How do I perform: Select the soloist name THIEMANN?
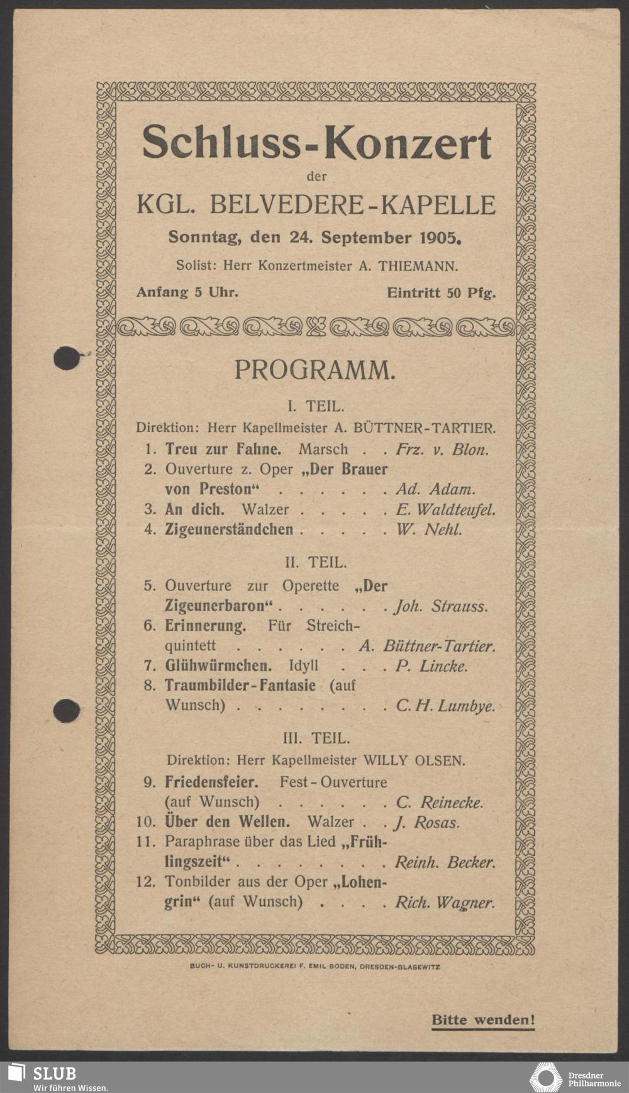click(417, 266)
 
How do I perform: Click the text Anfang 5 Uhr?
click(187, 292)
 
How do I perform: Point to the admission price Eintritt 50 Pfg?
click(441, 292)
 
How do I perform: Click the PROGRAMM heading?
click(315, 370)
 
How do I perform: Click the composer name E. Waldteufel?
click(445, 509)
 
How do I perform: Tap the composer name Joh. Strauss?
click(441, 607)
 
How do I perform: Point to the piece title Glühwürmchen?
click(218, 666)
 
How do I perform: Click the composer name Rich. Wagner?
click(445, 902)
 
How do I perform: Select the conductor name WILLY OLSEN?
click(415, 760)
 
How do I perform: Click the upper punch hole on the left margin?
click(65, 358)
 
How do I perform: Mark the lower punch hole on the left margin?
click(66, 711)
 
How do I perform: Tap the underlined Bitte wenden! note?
click(482, 1020)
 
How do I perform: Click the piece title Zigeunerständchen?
click(229, 530)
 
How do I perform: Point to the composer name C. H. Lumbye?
click(445, 706)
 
